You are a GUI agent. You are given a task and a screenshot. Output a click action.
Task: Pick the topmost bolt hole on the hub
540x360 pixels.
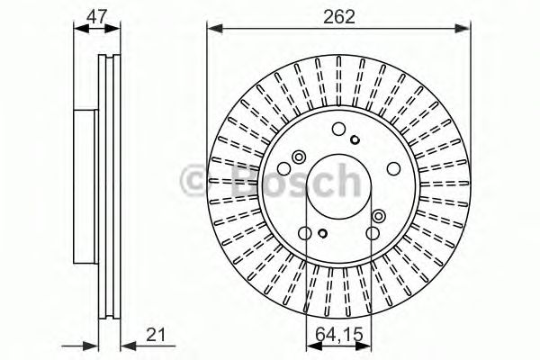coord(338,129)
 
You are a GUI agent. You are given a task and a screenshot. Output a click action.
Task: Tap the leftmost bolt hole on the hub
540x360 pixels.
coord(283,169)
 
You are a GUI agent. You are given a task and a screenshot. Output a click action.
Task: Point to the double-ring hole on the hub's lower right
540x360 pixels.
coord(378,215)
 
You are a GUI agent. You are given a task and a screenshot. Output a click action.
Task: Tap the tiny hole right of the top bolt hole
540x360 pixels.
coord(356,139)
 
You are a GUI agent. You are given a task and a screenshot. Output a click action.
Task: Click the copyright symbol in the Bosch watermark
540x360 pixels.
coord(195,183)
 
